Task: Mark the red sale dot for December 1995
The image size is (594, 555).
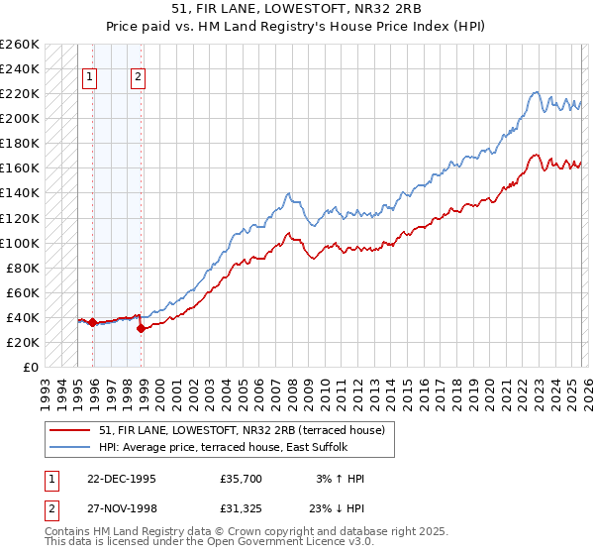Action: (x=93, y=322)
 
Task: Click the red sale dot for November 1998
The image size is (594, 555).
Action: (x=141, y=328)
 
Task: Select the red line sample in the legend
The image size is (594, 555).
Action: (x=70, y=429)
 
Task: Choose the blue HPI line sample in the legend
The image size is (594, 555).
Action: (x=70, y=446)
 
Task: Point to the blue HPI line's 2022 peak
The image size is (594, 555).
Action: (x=535, y=92)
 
